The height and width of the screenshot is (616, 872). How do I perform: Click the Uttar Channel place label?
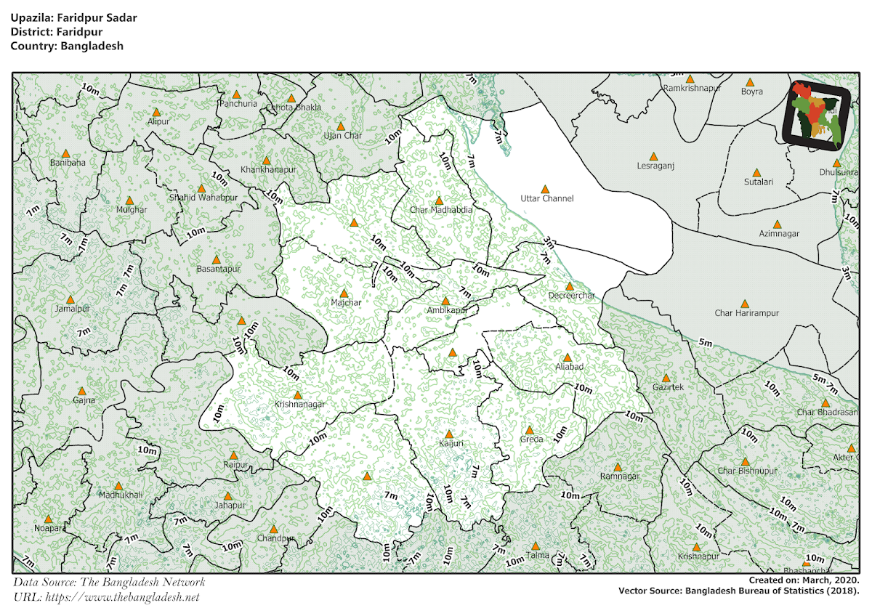(546, 198)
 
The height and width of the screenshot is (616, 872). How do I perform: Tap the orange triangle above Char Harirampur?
(744, 304)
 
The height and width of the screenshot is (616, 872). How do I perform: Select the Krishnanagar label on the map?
(299, 404)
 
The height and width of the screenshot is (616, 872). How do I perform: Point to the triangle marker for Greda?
(529, 430)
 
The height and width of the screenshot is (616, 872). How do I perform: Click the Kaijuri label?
(451, 443)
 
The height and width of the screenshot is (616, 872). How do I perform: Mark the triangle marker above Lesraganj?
(653, 156)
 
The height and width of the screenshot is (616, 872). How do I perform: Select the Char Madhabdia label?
(440, 210)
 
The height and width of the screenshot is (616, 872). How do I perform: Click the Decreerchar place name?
(571, 296)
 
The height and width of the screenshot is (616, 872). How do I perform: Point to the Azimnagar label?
(778, 234)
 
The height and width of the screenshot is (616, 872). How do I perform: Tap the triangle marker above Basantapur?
(216, 259)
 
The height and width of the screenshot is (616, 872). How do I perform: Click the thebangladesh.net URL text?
(122, 597)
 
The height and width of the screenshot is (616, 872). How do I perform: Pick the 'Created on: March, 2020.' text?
(804, 581)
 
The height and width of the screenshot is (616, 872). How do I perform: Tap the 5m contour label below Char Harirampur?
(705, 342)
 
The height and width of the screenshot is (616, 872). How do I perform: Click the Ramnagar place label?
(619, 477)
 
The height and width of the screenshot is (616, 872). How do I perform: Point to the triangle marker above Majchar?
(344, 293)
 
